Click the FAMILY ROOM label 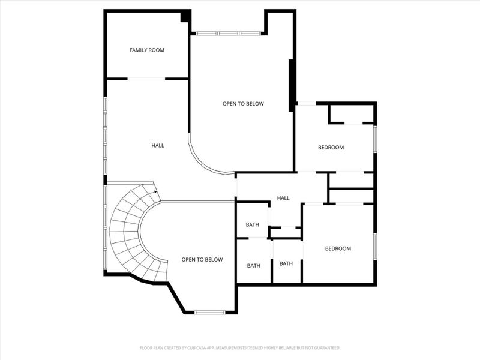147,50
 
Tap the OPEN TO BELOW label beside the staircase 202,260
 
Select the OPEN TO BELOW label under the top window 243,104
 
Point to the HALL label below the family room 158,145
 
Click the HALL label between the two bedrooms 283,198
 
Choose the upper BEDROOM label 331,147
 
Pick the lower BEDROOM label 338,248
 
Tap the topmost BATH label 253,225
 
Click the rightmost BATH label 286,263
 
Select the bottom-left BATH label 254,265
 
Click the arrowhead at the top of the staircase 155,192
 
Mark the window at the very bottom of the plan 210,312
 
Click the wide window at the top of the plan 229,34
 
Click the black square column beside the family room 186,16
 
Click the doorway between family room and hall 146,79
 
